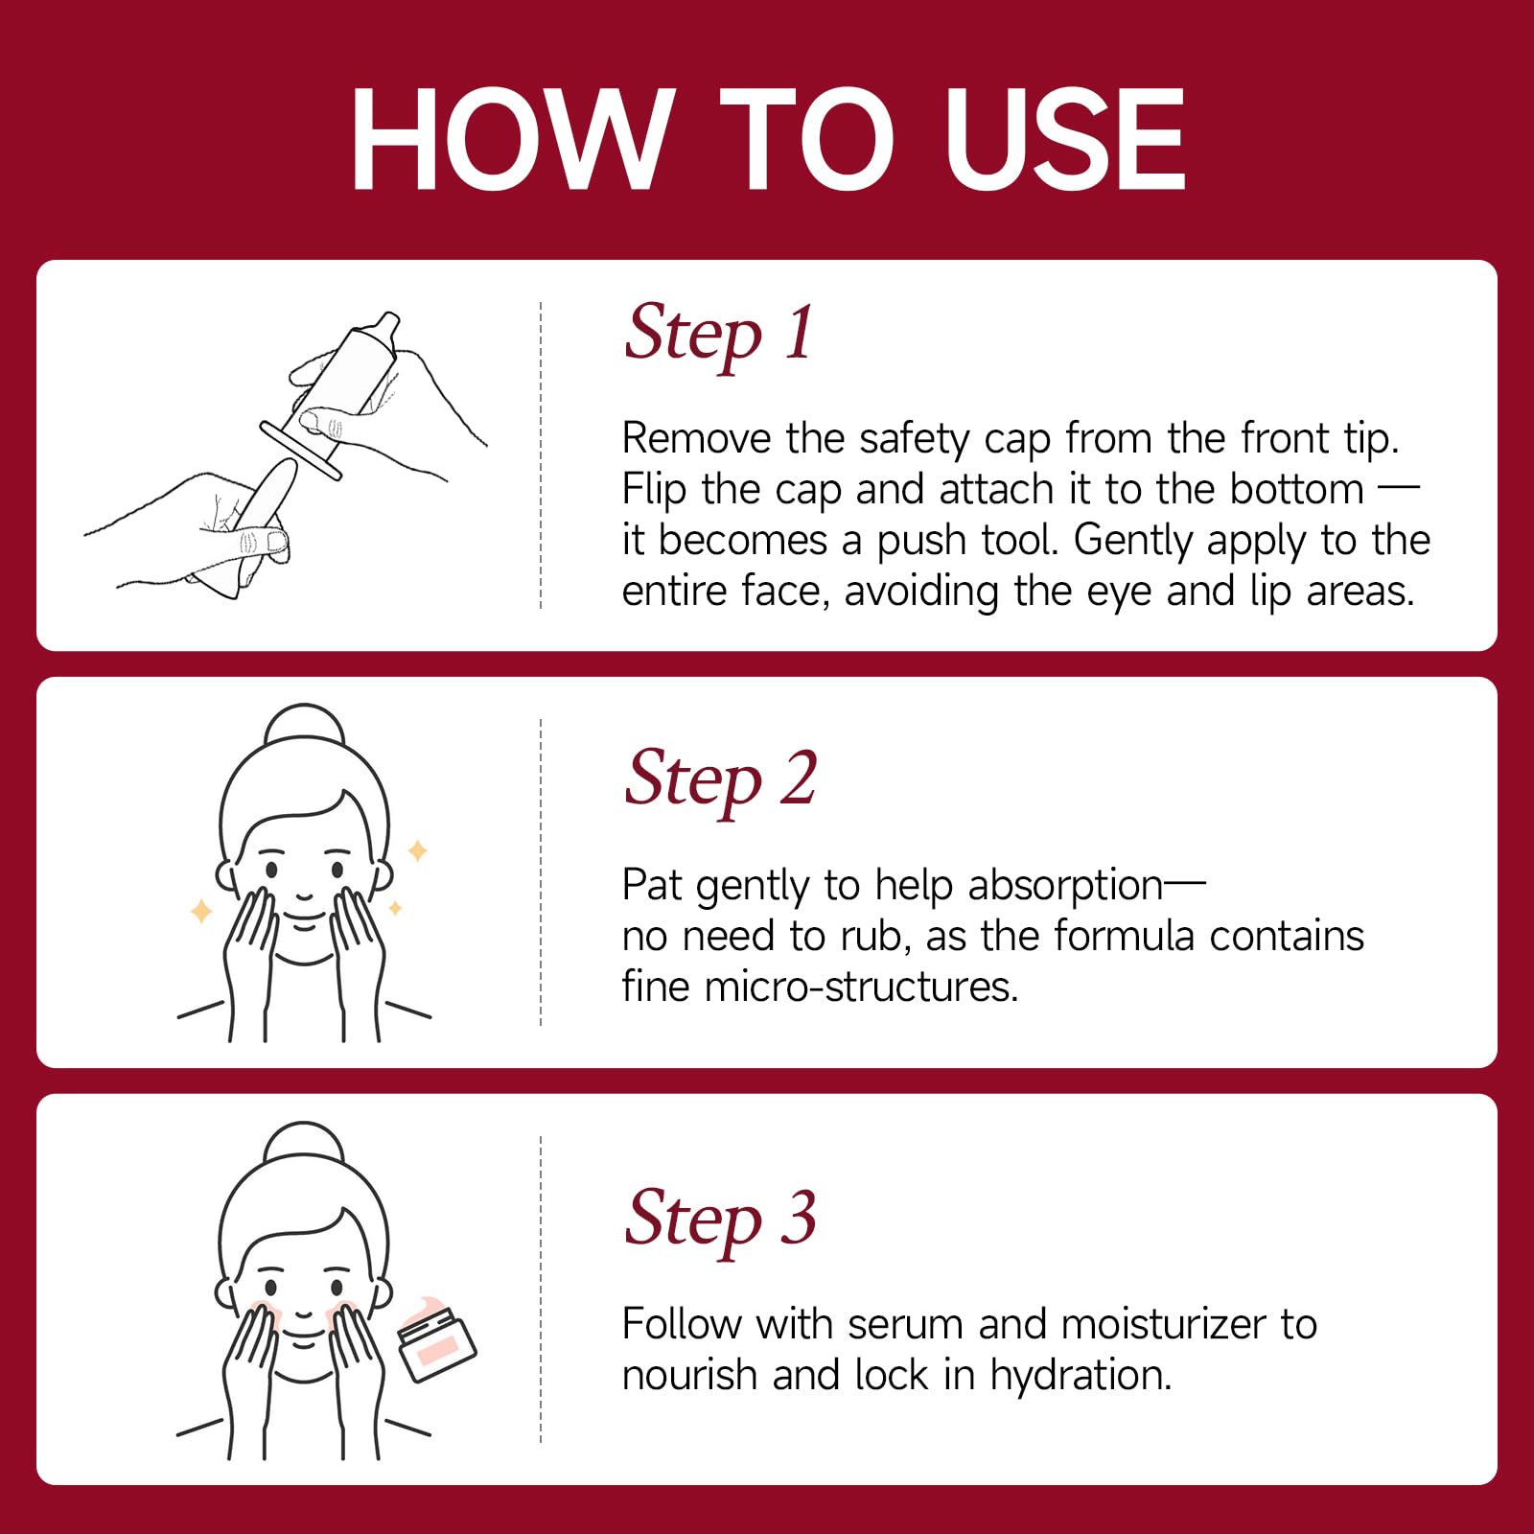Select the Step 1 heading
point(719,335)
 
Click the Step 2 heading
point(720,780)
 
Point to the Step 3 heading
point(720,1220)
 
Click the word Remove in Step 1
point(696,438)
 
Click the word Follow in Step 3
point(682,1324)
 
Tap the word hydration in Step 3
point(1081,1376)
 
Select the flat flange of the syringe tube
point(300,450)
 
